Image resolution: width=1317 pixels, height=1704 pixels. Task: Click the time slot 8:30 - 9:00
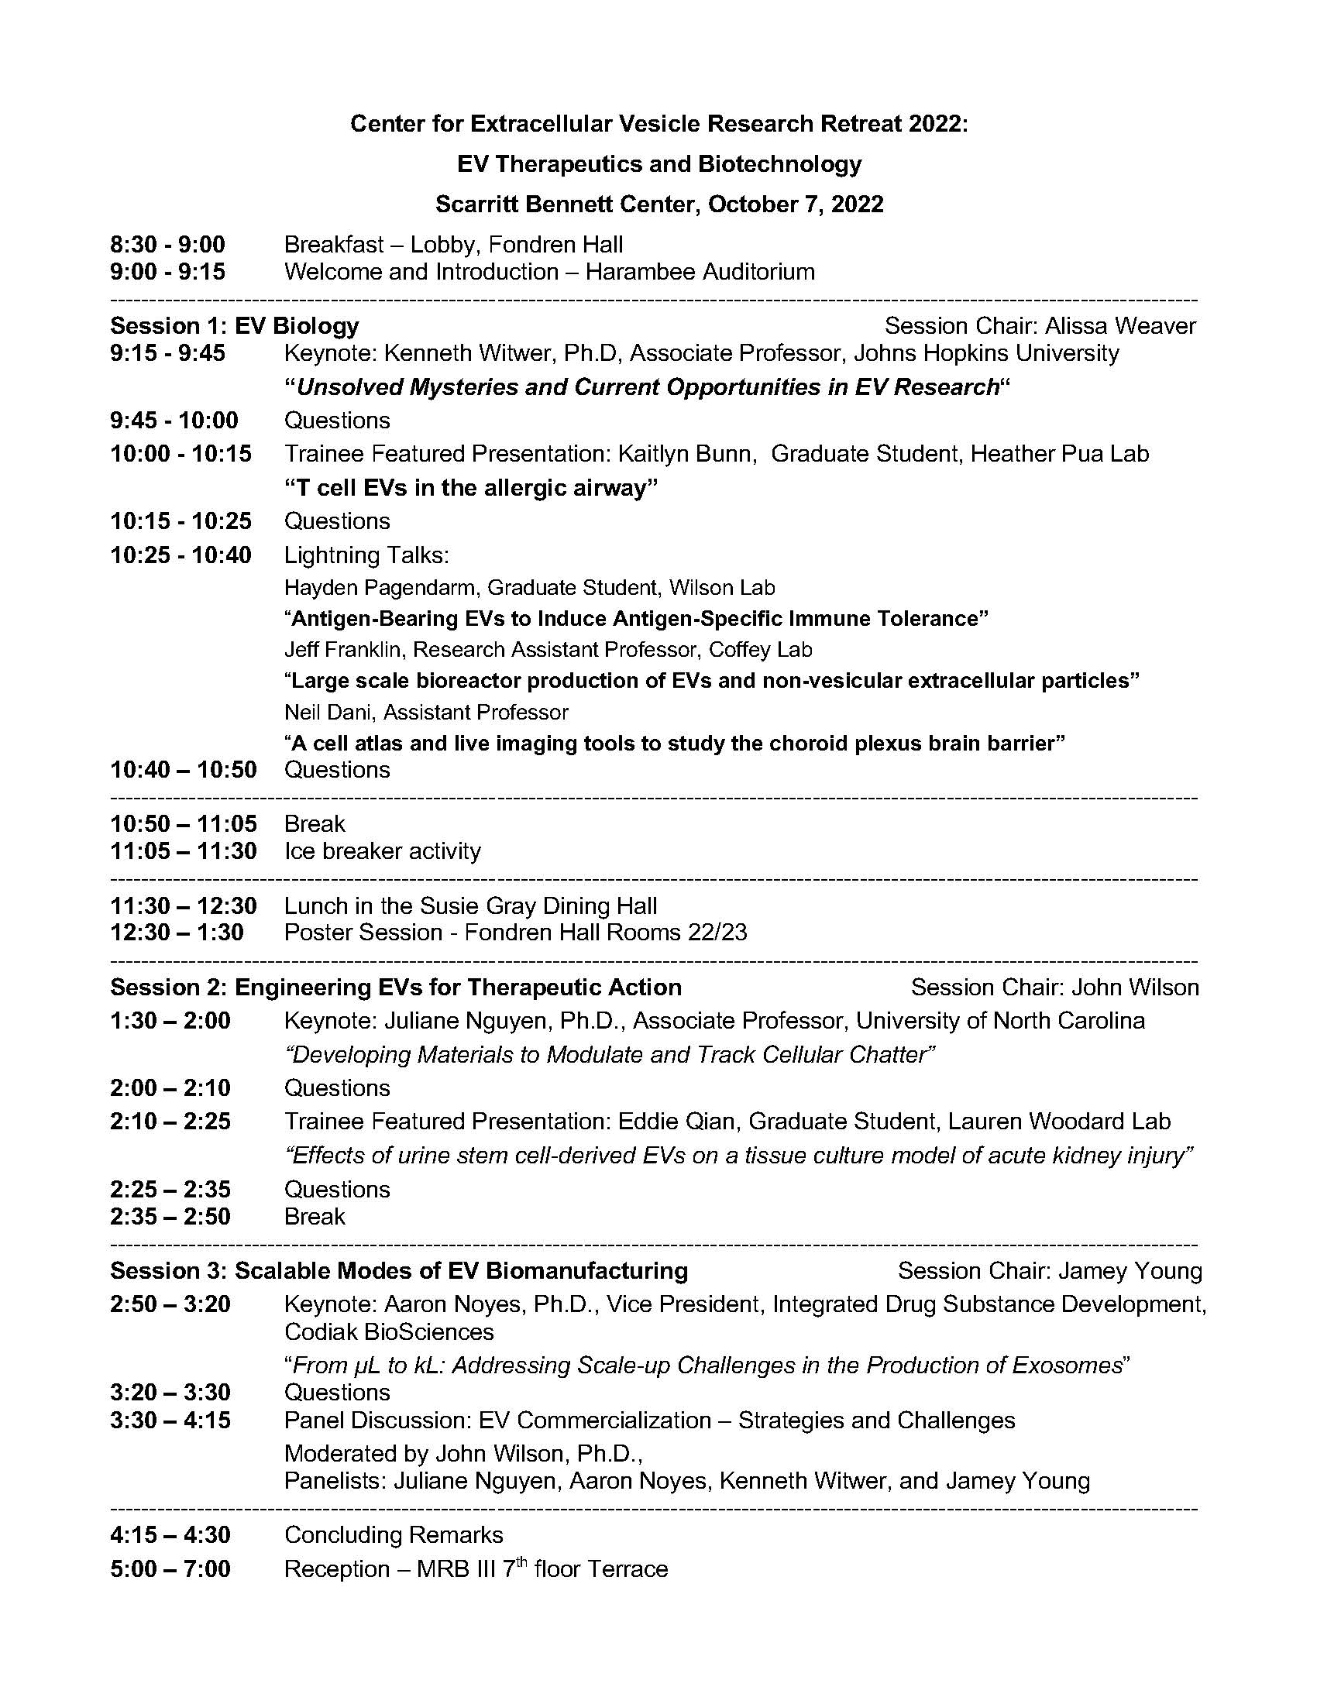point(167,245)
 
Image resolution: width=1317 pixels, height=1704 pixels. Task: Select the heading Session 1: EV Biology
point(234,325)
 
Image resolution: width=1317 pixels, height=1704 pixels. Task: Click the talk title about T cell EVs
point(470,488)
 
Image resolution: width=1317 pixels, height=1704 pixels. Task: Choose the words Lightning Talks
point(366,555)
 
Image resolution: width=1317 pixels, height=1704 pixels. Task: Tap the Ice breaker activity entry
point(382,850)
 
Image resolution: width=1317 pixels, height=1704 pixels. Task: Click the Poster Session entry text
point(515,933)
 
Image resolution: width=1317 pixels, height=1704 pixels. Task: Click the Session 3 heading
point(399,1270)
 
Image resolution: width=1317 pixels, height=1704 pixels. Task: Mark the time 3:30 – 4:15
point(170,1420)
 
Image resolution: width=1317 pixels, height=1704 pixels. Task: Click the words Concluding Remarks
point(394,1534)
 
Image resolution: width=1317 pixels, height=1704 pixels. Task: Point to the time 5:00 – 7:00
point(170,1569)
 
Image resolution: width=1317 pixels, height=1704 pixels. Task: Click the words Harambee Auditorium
point(700,272)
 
